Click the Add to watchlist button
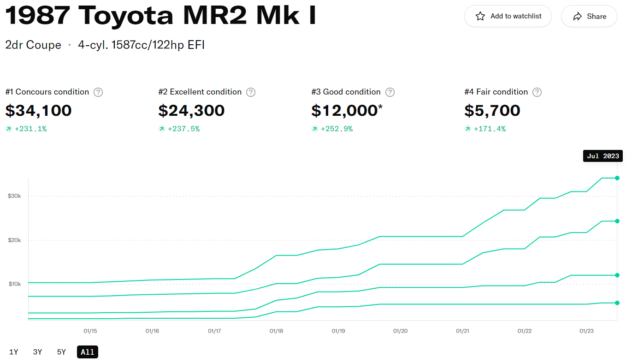click(x=508, y=16)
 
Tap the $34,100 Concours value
click(x=39, y=111)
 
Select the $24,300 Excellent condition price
click(x=191, y=111)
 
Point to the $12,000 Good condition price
click(x=344, y=111)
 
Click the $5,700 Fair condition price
click(x=492, y=111)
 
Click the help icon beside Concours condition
click(x=98, y=92)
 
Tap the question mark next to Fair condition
click(x=537, y=92)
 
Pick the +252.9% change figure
click(x=337, y=129)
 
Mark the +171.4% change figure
click(x=490, y=129)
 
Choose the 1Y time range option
click(x=14, y=352)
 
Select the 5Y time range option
click(x=62, y=352)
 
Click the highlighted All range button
click(x=88, y=352)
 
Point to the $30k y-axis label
click(x=14, y=196)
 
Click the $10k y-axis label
click(x=14, y=284)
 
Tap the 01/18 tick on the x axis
click(x=276, y=331)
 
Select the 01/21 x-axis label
click(x=462, y=331)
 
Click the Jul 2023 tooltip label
click(x=602, y=156)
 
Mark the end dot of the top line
click(x=617, y=178)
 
